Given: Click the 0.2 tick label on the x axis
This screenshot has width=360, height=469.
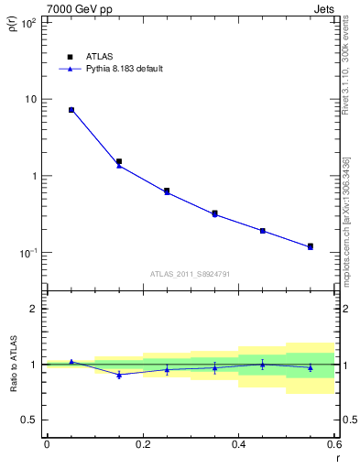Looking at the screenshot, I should pyautogui.click(x=142, y=443).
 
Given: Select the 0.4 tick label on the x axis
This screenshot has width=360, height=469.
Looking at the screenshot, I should pyautogui.click(x=238, y=443).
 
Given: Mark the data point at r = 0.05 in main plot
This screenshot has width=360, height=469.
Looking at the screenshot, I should pyautogui.click(x=71, y=110).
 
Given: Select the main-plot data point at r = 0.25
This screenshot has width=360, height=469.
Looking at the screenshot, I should pyautogui.click(x=167, y=191).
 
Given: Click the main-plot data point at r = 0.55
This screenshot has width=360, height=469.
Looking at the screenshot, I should pyautogui.click(x=311, y=246).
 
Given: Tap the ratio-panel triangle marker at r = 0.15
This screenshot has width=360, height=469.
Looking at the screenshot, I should pyautogui.click(x=119, y=375).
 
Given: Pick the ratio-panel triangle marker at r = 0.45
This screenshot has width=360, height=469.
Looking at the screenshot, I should pyautogui.click(x=263, y=364).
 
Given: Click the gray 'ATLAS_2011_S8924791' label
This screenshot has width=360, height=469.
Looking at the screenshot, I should pyautogui.click(x=191, y=273).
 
